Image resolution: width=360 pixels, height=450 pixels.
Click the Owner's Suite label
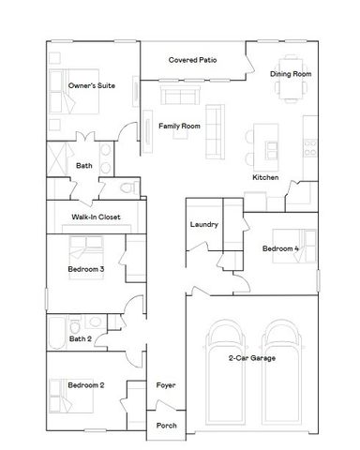(92, 85)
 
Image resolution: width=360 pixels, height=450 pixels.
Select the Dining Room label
(290, 73)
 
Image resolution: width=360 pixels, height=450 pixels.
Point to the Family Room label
(178, 125)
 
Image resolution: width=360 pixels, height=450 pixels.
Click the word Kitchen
(264, 177)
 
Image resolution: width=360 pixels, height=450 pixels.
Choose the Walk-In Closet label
(93, 217)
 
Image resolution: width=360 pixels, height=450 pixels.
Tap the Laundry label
(203, 225)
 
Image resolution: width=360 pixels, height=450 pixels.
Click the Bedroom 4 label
(281, 248)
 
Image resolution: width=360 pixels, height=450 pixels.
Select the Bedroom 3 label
(85, 270)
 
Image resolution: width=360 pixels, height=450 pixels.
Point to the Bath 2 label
(81, 338)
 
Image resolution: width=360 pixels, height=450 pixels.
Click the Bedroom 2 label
(85, 385)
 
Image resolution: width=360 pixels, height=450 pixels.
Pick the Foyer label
(166, 385)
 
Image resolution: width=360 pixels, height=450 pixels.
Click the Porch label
(166, 425)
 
